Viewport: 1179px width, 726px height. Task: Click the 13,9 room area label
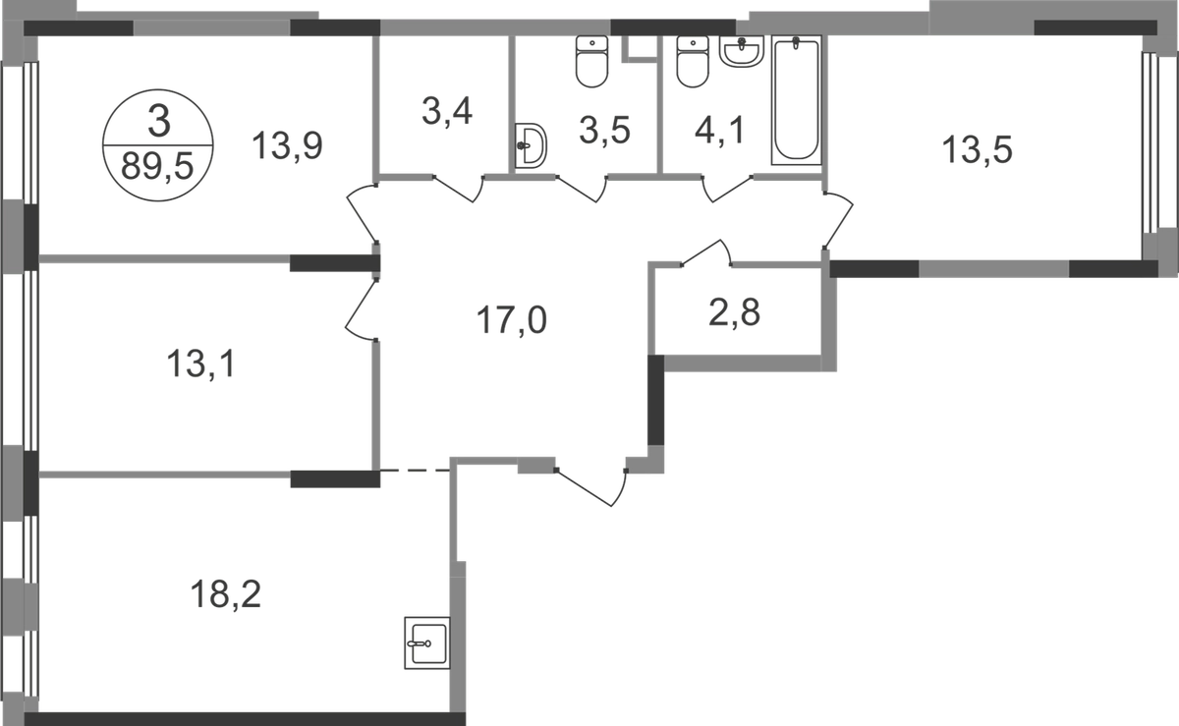pyautogui.click(x=288, y=148)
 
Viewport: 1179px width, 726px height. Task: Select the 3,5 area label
pyautogui.click(x=603, y=128)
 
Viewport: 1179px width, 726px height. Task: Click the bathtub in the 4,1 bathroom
pyautogui.click(x=797, y=102)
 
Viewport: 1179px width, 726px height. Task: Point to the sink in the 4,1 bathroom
pyautogui.click(x=744, y=51)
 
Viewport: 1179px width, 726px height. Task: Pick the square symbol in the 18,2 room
pyautogui.click(x=426, y=643)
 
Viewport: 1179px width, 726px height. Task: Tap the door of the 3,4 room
pyautogui.click(x=461, y=187)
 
